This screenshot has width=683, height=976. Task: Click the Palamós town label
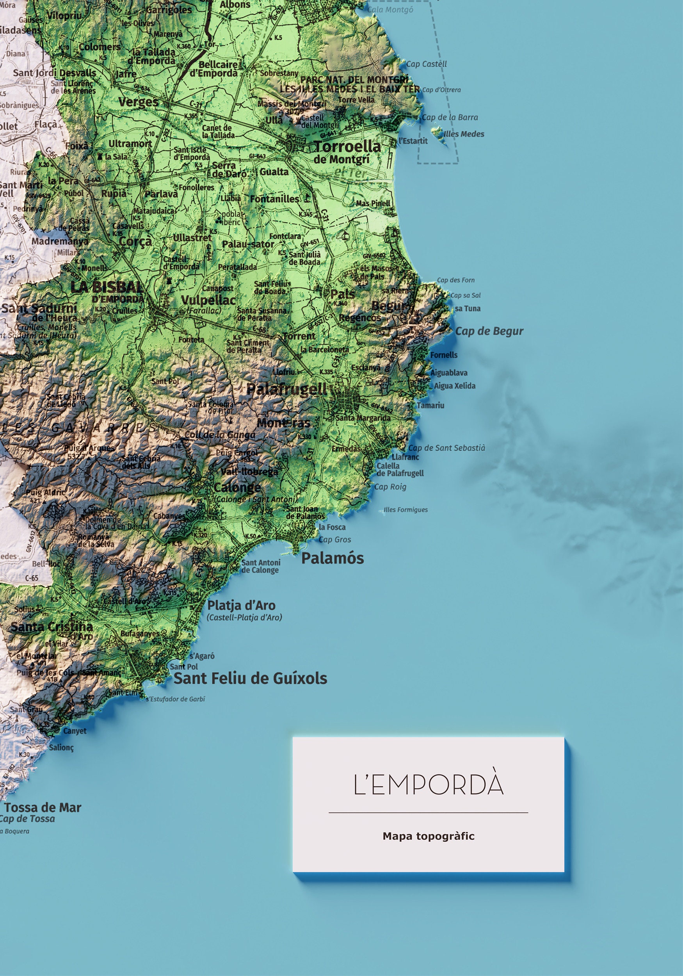[x=333, y=558]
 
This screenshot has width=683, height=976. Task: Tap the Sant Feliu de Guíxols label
[x=250, y=678]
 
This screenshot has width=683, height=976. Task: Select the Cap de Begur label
[x=489, y=331]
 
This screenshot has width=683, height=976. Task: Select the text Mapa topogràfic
[x=429, y=836]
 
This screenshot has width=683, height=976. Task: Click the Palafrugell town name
[x=287, y=388]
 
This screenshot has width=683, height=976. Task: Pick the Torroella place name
[x=347, y=147]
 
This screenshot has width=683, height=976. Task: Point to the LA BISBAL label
[x=106, y=287]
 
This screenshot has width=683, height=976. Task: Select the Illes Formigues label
[x=406, y=510]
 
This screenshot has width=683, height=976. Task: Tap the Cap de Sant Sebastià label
[x=446, y=448]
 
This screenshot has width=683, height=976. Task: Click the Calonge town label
[x=237, y=487]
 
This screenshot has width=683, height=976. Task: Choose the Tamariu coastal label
[x=430, y=405]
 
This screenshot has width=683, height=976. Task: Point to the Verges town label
[x=139, y=102]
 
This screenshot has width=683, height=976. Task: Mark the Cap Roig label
[x=390, y=487]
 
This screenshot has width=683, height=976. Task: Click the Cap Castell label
[x=426, y=64]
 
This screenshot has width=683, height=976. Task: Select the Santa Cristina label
[x=52, y=627]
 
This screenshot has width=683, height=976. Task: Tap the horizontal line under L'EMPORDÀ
[x=429, y=812]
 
